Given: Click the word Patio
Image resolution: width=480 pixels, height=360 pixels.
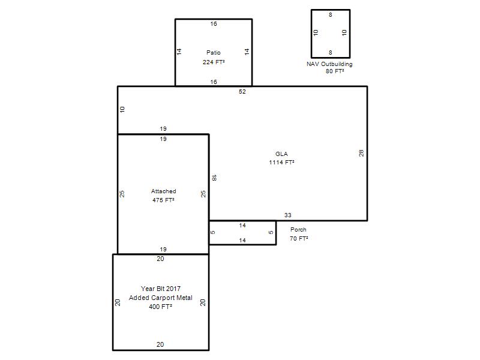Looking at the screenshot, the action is click(x=214, y=53).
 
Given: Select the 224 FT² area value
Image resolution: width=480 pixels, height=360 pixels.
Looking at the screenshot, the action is click(x=214, y=62).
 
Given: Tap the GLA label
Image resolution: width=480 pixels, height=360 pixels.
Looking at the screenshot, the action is click(x=281, y=154).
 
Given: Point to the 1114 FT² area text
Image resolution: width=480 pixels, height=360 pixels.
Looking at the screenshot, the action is click(x=281, y=163).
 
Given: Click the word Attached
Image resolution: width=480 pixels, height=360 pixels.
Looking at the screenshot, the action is click(x=163, y=191).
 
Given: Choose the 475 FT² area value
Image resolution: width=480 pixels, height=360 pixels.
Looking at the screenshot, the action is click(x=163, y=200).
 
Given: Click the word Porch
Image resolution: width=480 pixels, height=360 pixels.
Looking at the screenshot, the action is click(x=298, y=230).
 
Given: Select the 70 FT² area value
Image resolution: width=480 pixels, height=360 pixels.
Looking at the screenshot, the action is click(x=299, y=238).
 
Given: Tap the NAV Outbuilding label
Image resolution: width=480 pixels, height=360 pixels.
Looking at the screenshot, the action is click(x=329, y=64).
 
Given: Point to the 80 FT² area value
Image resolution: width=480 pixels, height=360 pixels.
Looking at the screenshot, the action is click(x=335, y=71).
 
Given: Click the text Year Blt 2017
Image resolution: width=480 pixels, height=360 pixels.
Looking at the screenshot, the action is click(x=161, y=289).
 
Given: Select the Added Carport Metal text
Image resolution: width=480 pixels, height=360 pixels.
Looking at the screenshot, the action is click(x=161, y=298).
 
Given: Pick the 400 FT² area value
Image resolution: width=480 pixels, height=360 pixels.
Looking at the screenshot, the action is click(x=160, y=307).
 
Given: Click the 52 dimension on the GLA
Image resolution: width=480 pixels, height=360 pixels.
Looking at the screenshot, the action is click(x=242, y=92).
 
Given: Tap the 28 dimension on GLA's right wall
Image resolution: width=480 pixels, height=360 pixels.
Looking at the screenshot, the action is click(x=361, y=153).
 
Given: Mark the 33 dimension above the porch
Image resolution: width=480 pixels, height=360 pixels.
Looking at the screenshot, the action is click(x=288, y=215).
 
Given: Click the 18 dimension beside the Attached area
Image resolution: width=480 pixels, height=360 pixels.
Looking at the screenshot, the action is click(x=214, y=178).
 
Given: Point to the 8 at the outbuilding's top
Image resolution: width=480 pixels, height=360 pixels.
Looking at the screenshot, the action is click(x=331, y=14).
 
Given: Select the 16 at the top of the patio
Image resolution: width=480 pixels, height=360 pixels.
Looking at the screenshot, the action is click(x=214, y=23).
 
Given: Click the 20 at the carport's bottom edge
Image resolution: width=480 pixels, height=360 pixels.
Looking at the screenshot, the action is click(x=160, y=344).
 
